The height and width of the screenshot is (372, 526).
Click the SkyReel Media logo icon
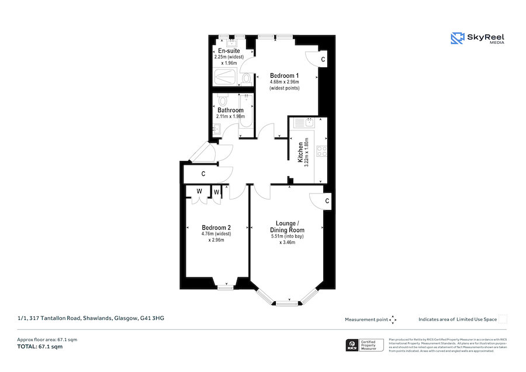(x=457, y=39)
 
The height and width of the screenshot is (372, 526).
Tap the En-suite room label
(x=226, y=51)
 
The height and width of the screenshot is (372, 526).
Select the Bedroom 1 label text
(x=284, y=75)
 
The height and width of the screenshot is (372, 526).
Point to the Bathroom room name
(x=230, y=110)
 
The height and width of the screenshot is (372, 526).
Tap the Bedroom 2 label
(x=216, y=228)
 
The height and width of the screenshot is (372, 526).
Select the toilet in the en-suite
(x=246, y=77)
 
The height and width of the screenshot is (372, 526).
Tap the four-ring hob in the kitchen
(x=321, y=151)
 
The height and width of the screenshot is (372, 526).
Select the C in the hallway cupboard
(x=203, y=174)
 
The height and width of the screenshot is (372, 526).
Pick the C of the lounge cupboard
(x=327, y=201)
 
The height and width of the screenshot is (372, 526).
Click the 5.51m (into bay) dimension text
(x=287, y=236)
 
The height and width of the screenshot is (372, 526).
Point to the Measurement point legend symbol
(x=393, y=319)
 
